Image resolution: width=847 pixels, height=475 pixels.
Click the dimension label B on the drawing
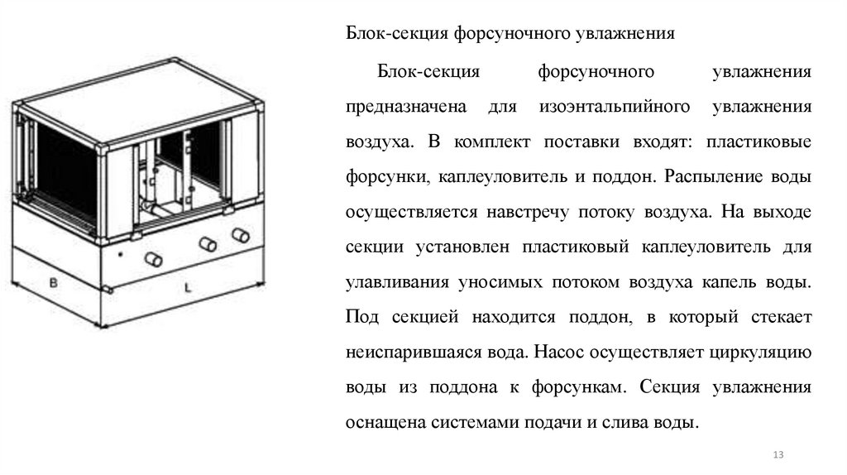(52, 283)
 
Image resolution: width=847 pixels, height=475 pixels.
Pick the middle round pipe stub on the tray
(205, 243)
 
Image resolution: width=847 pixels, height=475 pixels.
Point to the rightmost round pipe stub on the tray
(241, 234)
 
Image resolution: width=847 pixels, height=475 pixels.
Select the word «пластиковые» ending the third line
(758, 143)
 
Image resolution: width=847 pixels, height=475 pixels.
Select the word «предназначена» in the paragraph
(400, 108)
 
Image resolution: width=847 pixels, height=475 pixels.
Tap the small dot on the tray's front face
(121, 252)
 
